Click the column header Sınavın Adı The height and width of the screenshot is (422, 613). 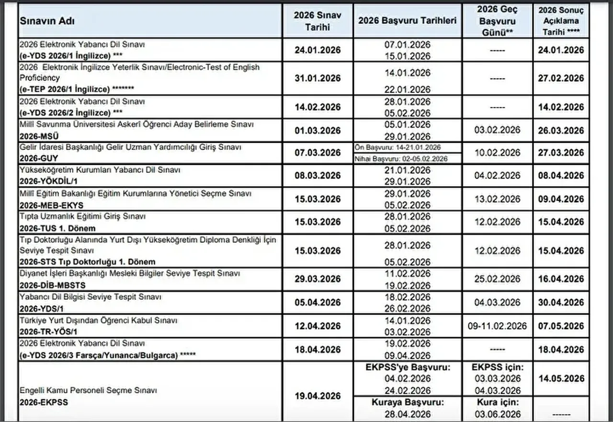click(47, 22)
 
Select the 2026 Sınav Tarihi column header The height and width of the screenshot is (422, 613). click(318, 21)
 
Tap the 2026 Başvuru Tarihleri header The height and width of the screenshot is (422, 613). click(407, 21)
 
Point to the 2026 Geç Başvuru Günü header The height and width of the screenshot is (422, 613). click(498, 21)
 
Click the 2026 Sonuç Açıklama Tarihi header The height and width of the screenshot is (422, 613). click(561, 21)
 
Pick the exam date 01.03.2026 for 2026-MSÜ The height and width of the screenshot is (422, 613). click(318, 130)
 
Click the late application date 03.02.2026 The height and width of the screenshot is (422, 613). click(498, 130)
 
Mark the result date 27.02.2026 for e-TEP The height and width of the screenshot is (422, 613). click(561, 78)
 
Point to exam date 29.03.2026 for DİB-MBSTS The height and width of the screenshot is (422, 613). click(318, 279)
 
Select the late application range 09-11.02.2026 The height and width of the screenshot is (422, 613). click(498, 326)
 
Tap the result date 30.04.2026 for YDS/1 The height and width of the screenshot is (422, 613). click(561, 302)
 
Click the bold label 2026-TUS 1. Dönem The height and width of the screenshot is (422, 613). click(57, 228)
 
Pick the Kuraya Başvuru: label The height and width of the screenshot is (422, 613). click(408, 402)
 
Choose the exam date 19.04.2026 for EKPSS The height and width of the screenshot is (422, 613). click(318, 396)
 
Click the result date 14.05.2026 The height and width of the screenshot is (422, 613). click(561, 378)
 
